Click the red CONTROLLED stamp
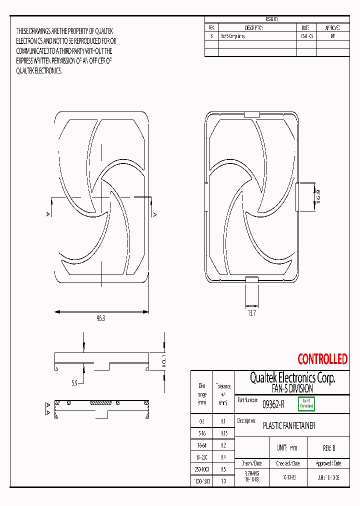[x=322, y=359]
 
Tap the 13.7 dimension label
[x=251, y=313]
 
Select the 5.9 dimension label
[x=74, y=383]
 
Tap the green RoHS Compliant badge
[x=306, y=404]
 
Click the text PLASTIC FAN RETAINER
[x=289, y=426]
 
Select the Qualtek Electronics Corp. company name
[x=292, y=378]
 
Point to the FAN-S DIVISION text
[x=292, y=388]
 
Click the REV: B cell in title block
[x=326, y=448]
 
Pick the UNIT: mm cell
[x=286, y=448]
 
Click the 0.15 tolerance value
[x=223, y=433]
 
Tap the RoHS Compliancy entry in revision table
[x=233, y=36]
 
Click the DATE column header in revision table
[x=305, y=28]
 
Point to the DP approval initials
[x=333, y=36]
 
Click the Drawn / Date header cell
[x=251, y=463]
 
